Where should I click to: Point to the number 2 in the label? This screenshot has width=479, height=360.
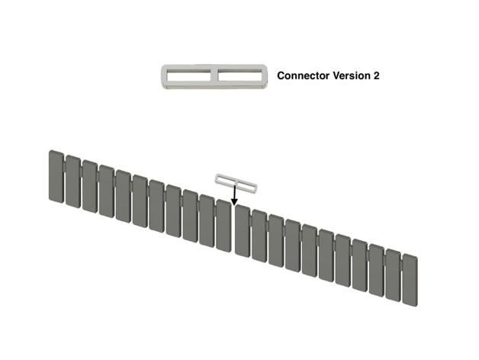(x=376, y=76)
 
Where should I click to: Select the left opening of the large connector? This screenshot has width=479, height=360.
(x=190, y=76)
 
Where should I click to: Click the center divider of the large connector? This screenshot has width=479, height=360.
(x=215, y=76)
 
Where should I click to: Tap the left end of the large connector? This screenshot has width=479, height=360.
(x=164, y=76)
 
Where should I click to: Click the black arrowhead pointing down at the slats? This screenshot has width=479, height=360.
(x=234, y=201)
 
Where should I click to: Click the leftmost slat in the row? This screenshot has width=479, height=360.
(x=55, y=177)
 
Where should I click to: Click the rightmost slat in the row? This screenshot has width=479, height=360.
(x=410, y=280)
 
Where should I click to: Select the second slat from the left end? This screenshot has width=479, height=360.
(x=72, y=182)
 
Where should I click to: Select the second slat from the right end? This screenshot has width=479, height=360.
(x=393, y=275)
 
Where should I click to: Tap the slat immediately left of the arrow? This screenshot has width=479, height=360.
(x=223, y=225)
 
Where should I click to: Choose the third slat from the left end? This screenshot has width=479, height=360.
(x=89, y=186)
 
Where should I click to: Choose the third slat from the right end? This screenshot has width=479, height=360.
(x=376, y=271)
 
